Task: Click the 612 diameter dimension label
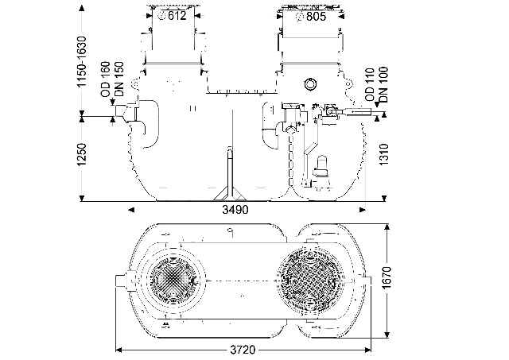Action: [173, 16]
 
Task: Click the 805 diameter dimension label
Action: [312, 16]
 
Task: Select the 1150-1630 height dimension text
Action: [81, 62]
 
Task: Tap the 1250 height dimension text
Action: [81, 154]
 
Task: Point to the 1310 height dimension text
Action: [383, 154]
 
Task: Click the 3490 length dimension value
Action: [235, 210]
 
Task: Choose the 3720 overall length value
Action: [243, 350]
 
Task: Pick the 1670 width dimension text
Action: [387, 278]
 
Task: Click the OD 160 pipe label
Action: [106, 79]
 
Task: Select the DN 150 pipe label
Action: [119, 79]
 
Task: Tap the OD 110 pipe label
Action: [370, 85]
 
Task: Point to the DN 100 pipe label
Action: [383, 85]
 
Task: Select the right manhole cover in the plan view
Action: [311, 281]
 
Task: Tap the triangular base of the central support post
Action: [230, 195]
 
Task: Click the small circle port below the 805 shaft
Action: [310, 84]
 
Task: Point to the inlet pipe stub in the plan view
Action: [122, 281]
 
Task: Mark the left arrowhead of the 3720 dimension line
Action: [119, 350]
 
